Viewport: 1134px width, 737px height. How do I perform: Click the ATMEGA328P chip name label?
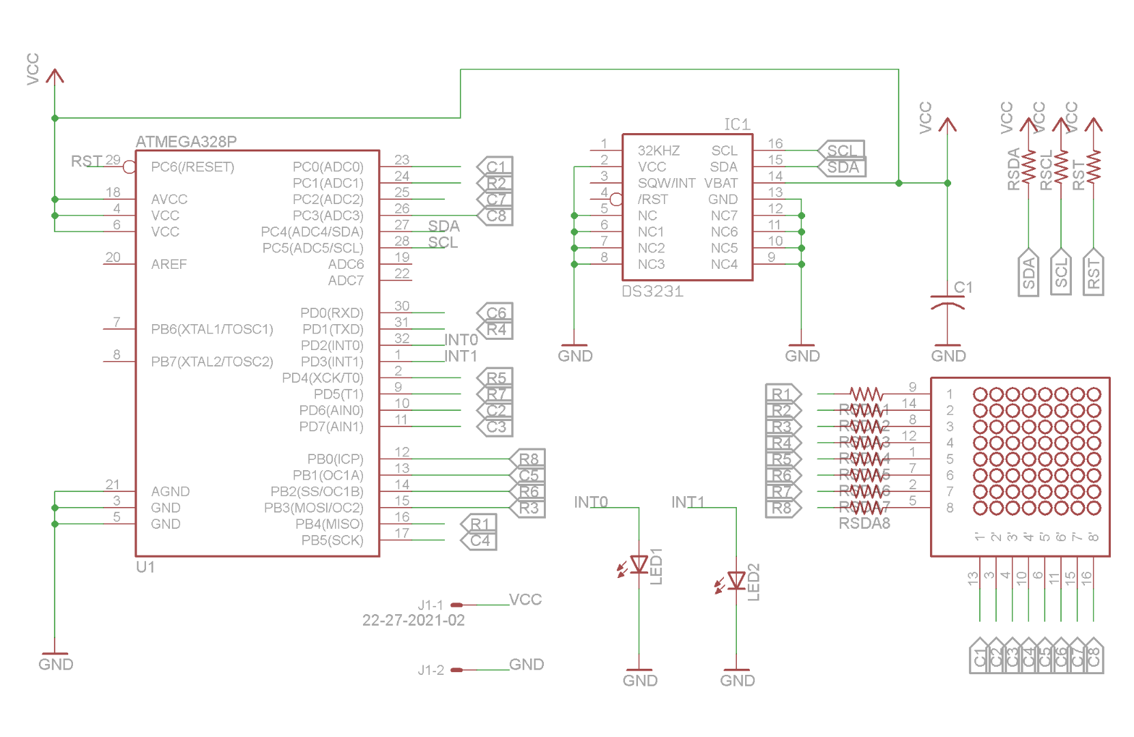[x=186, y=142]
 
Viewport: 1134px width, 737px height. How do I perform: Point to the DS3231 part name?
[x=652, y=291]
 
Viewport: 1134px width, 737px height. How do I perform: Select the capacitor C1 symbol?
[x=947, y=302]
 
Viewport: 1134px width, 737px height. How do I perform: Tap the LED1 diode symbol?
[x=639, y=564]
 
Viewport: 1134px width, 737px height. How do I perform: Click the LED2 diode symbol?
[x=736, y=581]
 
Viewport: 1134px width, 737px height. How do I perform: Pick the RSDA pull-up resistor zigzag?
[x=1028, y=167]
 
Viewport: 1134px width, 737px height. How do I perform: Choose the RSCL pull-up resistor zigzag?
[x=1061, y=167]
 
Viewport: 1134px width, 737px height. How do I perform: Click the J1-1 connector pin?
[x=456, y=605]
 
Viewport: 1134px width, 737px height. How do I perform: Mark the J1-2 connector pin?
[x=456, y=669]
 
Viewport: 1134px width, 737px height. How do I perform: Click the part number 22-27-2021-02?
[x=413, y=620]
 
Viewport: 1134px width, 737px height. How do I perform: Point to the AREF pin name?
[x=169, y=264]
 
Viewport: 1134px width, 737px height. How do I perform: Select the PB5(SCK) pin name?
[x=332, y=540]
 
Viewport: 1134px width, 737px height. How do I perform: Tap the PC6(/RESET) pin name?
[x=192, y=167]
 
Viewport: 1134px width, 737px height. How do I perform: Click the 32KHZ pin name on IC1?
[x=658, y=151]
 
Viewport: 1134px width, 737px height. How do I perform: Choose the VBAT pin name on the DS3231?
[x=721, y=183]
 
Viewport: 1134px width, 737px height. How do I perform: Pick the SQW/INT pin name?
[x=666, y=183]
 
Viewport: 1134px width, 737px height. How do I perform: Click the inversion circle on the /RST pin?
[x=616, y=199]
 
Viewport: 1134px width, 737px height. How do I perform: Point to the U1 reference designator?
[x=145, y=567]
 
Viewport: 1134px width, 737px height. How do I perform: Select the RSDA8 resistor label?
[x=864, y=523]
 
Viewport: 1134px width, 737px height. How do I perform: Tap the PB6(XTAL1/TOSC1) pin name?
[x=212, y=330]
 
